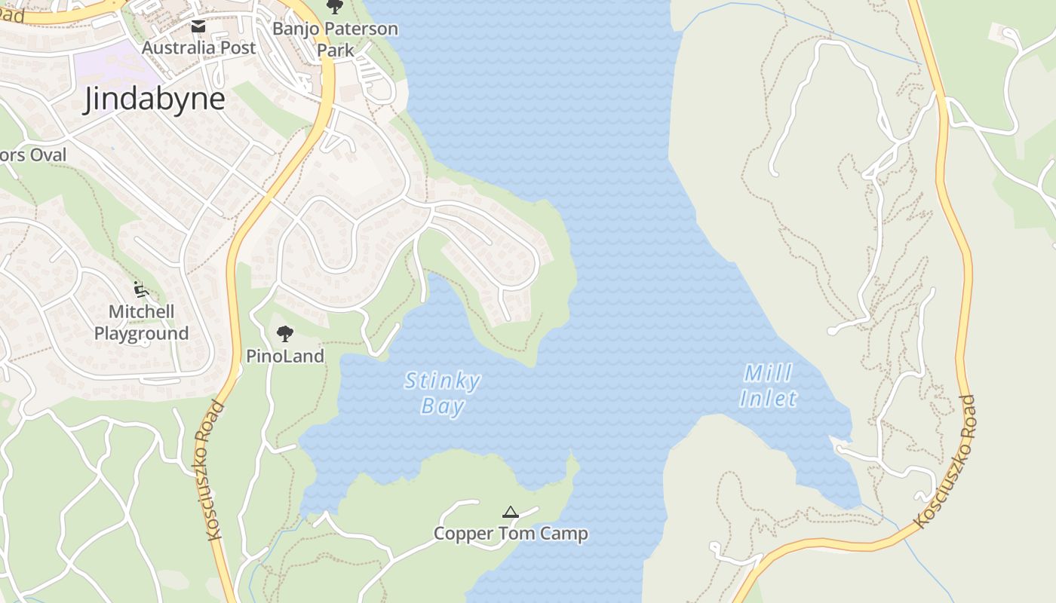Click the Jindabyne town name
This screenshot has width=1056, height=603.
point(154,99)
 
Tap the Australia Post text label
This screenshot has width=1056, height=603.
point(199,47)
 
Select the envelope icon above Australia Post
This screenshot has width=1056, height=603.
point(198,27)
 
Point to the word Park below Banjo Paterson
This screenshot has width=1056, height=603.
point(336,51)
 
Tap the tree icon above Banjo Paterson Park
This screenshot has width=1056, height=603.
point(335,7)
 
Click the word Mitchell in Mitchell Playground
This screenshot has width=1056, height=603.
point(141,311)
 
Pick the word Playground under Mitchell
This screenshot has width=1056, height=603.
point(141,333)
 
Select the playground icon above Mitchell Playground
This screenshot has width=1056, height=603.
point(140,289)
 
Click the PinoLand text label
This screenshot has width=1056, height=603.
point(285,356)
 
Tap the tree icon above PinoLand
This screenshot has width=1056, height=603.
point(285,333)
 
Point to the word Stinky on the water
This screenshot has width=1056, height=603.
point(442,381)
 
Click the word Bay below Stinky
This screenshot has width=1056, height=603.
point(442,407)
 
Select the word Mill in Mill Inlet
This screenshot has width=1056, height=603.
point(768,374)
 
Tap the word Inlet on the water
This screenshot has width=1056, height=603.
point(768,399)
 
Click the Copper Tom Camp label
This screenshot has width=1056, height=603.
point(511,534)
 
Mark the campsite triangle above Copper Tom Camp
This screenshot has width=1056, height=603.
point(511,513)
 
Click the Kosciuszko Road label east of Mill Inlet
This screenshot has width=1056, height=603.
point(945,461)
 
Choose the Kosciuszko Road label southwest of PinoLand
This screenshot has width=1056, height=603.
point(214,471)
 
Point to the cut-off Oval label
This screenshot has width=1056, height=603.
point(33,155)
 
